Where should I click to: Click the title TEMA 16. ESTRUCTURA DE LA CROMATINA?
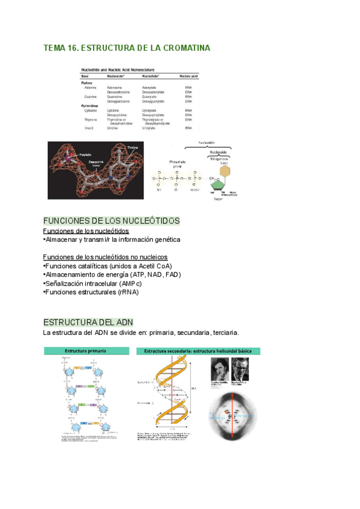coord(127,48)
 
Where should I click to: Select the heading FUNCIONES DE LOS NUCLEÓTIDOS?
coord(112,221)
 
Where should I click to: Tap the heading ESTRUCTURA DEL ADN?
coord(88,322)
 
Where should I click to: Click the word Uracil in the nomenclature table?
coord(89,128)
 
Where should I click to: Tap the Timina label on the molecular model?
coord(133,146)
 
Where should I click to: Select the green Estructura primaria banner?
coord(86,351)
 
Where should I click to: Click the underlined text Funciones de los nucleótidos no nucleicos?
coord(106,258)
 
